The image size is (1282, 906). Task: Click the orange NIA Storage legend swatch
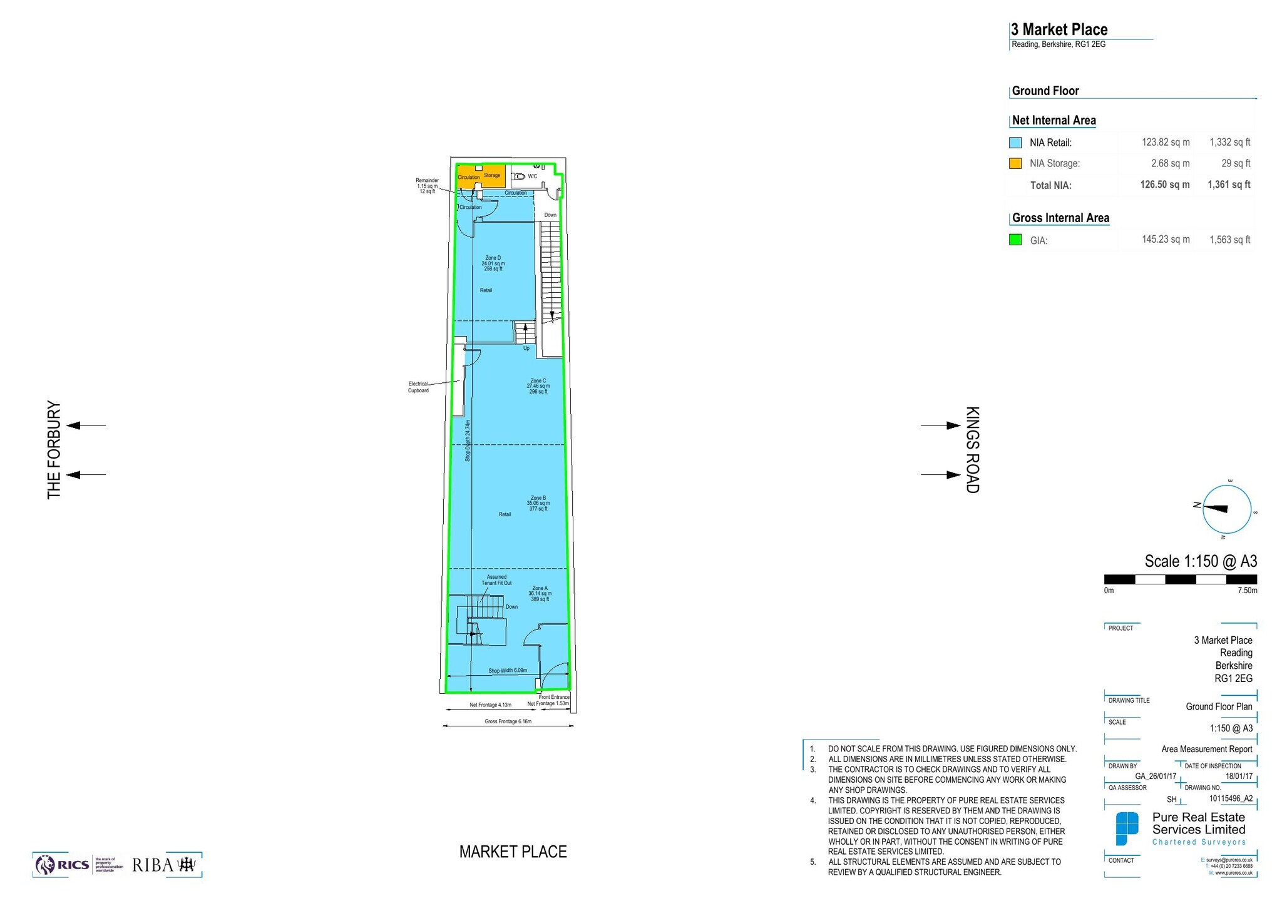(1015, 163)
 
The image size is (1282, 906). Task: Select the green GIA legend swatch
(1015, 240)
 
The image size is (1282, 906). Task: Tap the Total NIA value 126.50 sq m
(1164, 185)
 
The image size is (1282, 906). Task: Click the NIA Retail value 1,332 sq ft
(1229, 142)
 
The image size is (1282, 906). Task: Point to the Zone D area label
(493, 263)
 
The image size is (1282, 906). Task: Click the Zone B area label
(538, 503)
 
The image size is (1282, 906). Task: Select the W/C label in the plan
(532, 176)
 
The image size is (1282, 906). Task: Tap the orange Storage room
(492, 176)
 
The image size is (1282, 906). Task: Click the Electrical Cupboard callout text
(418, 387)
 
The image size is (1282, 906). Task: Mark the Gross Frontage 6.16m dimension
(508, 721)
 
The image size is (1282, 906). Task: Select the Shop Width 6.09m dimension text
(508, 670)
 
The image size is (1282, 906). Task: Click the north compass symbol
(1226, 509)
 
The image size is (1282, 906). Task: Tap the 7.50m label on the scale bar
(1247, 590)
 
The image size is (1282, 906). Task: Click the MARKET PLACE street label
(513, 852)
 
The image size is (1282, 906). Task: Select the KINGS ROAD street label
(972, 450)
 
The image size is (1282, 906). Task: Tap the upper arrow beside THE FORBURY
(86, 425)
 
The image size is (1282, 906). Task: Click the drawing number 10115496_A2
(1230, 798)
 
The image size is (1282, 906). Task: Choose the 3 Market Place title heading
(1059, 29)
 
